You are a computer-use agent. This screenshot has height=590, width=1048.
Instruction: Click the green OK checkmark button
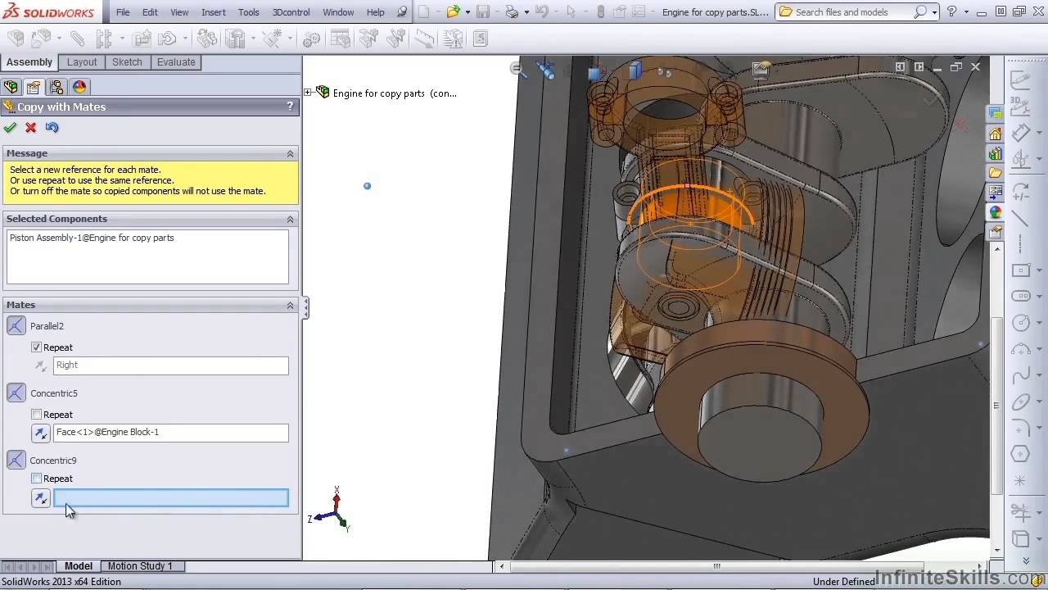pos(10,127)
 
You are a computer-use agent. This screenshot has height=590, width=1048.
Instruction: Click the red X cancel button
pos(31,127)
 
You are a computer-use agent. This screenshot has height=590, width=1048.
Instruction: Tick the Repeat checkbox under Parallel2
pos(36,347)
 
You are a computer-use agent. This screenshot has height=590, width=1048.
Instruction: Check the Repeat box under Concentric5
pos(36,415)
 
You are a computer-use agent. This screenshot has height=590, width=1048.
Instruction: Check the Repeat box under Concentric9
pos(36,479)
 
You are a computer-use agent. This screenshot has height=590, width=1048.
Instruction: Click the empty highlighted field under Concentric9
pos(170,497)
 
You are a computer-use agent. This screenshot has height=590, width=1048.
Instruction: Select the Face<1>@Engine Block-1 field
pos(170,432)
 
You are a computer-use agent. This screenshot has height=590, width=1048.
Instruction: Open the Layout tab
pos(82,62)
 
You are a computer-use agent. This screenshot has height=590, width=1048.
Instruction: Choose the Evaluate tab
pos(176,62)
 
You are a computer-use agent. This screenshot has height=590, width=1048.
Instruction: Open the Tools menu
pos(248,12)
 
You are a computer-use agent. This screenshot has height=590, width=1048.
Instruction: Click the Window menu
pos(338,12)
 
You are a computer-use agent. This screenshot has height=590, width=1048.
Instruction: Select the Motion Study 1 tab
pos(140,565)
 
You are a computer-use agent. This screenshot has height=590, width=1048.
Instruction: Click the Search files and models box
pos(851,12)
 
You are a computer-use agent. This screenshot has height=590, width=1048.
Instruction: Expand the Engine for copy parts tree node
pos(309,93)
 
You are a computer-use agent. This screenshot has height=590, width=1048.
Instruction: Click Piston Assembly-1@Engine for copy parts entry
pos(92,238)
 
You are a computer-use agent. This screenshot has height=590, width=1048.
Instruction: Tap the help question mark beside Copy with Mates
pos(290,107)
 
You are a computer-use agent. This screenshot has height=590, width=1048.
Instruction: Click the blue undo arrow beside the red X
pos(52,127)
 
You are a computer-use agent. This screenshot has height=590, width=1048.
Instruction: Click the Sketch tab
pos(127,62)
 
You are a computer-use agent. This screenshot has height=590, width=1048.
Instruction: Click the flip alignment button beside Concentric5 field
pos(41,433)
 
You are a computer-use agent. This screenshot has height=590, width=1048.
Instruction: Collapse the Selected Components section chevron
pos(290,219)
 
